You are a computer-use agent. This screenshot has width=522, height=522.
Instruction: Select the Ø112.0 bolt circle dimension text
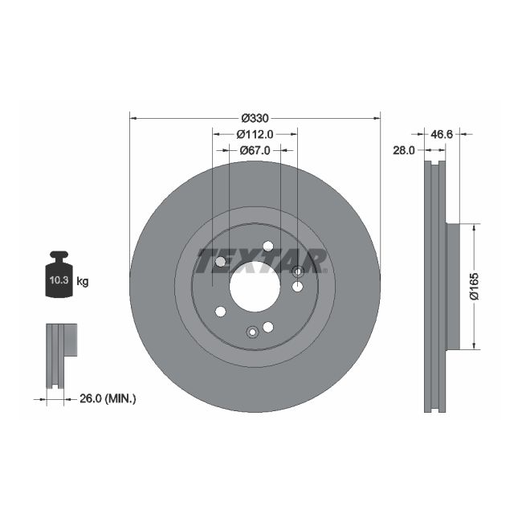pos(255,135)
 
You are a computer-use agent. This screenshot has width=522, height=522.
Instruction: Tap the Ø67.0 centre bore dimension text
pos(255,150)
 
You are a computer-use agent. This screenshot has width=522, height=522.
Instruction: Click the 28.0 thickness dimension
pos(403,150)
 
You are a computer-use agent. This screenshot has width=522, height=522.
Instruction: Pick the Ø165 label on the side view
pos(474,287)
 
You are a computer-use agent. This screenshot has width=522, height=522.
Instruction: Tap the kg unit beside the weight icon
pos(83,282)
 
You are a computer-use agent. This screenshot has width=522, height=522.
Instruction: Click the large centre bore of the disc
pos(255,287)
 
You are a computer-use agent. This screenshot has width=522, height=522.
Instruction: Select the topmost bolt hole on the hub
pos(268,247)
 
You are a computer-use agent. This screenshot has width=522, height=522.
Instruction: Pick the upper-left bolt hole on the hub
pos(221,262)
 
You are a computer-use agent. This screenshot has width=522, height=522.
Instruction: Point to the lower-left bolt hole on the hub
pos(221,312)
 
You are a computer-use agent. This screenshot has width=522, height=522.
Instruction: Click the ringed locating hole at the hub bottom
pos(252,330)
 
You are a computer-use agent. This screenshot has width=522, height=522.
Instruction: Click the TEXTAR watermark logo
pos(260,261)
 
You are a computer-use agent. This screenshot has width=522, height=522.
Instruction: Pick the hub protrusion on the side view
pos(452,287)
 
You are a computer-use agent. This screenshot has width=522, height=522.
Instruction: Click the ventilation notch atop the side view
pos(434,166)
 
